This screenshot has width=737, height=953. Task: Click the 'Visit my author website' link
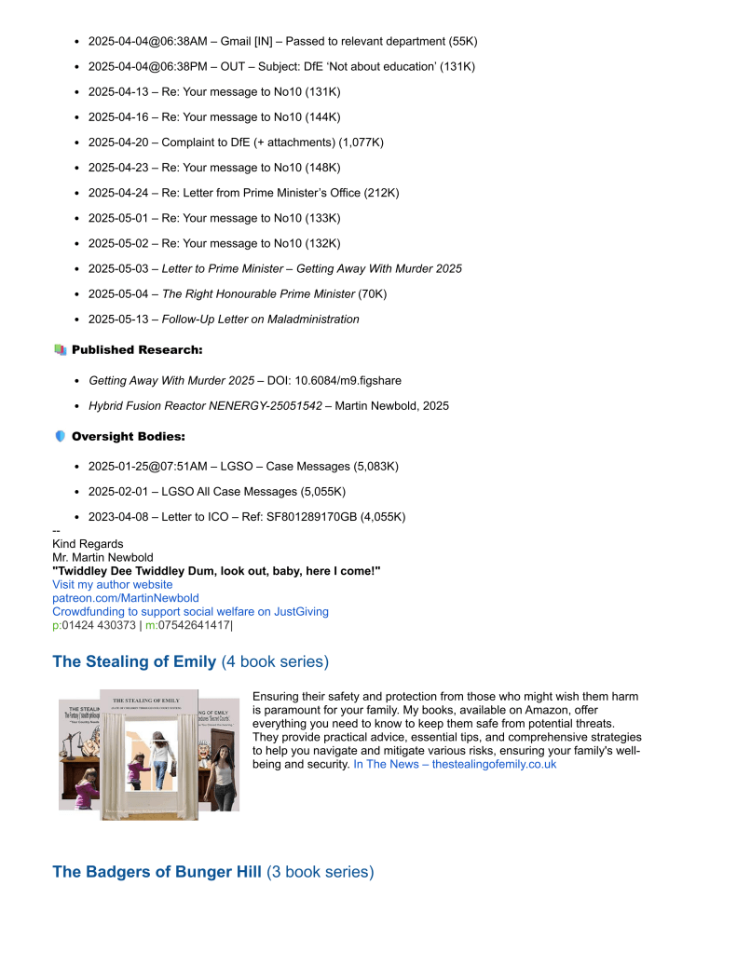[x=112, y=584]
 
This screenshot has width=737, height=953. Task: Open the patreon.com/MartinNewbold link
[x=125, y=598]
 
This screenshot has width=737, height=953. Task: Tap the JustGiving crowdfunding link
[x=190, y=611]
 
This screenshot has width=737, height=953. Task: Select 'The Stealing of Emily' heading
[x=134, y=661]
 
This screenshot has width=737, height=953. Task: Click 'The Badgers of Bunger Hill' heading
[x=157, y=872]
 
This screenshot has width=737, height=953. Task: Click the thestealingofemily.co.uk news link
[x=455, y=764]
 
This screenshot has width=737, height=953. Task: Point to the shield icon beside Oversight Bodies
[x=60, y=436]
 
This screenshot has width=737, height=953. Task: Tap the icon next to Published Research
[x=60, y=349]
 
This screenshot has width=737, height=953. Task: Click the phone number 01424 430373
[x=98, y=625]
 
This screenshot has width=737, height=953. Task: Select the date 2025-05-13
[x=118, y=319]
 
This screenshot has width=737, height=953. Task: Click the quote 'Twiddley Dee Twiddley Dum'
[x=216, y=570]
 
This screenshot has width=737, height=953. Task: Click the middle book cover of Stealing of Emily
[x=149, y=755]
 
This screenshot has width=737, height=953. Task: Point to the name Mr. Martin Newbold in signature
[x=102, y=557]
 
